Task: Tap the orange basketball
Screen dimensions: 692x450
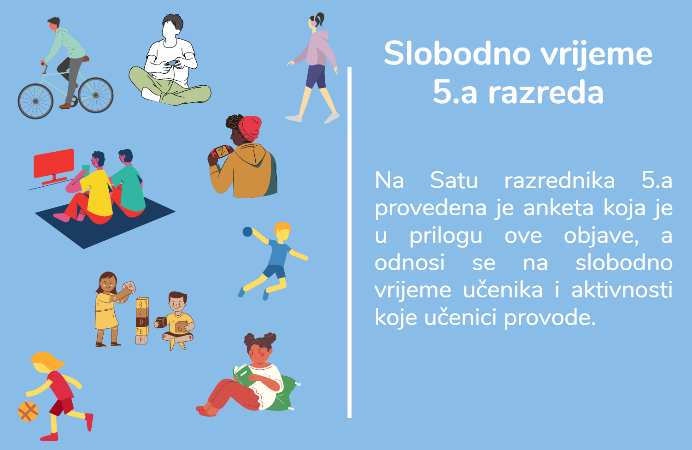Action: (x=28, y=411)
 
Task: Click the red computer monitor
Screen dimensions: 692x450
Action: (x=54, y=167)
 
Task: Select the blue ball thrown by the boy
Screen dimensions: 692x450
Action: (x=247, y=231)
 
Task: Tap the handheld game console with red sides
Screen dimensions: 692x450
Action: (x=222, y=151)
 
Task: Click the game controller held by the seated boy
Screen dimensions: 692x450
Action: (x=171, y=64)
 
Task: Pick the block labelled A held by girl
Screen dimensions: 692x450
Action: (x=129, y=286)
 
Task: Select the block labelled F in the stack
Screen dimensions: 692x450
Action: (x=141, y=340)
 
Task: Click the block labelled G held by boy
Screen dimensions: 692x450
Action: (x=181, y=327)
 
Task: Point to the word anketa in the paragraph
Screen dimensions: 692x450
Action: (x=558, y=208)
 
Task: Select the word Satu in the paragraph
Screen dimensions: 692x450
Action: (x=454, y=180)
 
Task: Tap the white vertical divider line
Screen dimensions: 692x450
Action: (x=349, y=243)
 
